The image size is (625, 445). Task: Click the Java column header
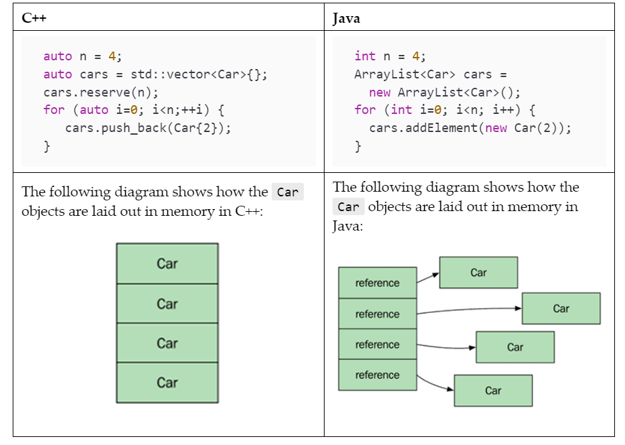coord(346,18)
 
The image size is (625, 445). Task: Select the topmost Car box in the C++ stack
coord(167,263)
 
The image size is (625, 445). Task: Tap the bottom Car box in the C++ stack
coord(167,382)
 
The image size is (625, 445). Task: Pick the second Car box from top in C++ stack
coord(167,304)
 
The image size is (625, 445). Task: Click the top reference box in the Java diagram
coord(377,283)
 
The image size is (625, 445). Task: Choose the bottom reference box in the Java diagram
coord(377,375)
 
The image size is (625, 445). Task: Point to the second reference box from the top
coord(377,314)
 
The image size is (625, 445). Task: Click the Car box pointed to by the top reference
coord(478,273)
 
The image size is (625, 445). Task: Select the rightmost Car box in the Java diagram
coord(561,308)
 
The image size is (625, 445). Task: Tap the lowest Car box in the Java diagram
coord(493,390)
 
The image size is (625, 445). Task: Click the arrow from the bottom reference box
coord(436,383)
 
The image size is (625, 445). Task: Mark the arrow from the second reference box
coord(468,310)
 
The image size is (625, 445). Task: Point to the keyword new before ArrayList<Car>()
coord(379,92)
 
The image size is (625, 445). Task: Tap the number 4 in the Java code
coord(416,56)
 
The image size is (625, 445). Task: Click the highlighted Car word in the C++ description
coord(288,192)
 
